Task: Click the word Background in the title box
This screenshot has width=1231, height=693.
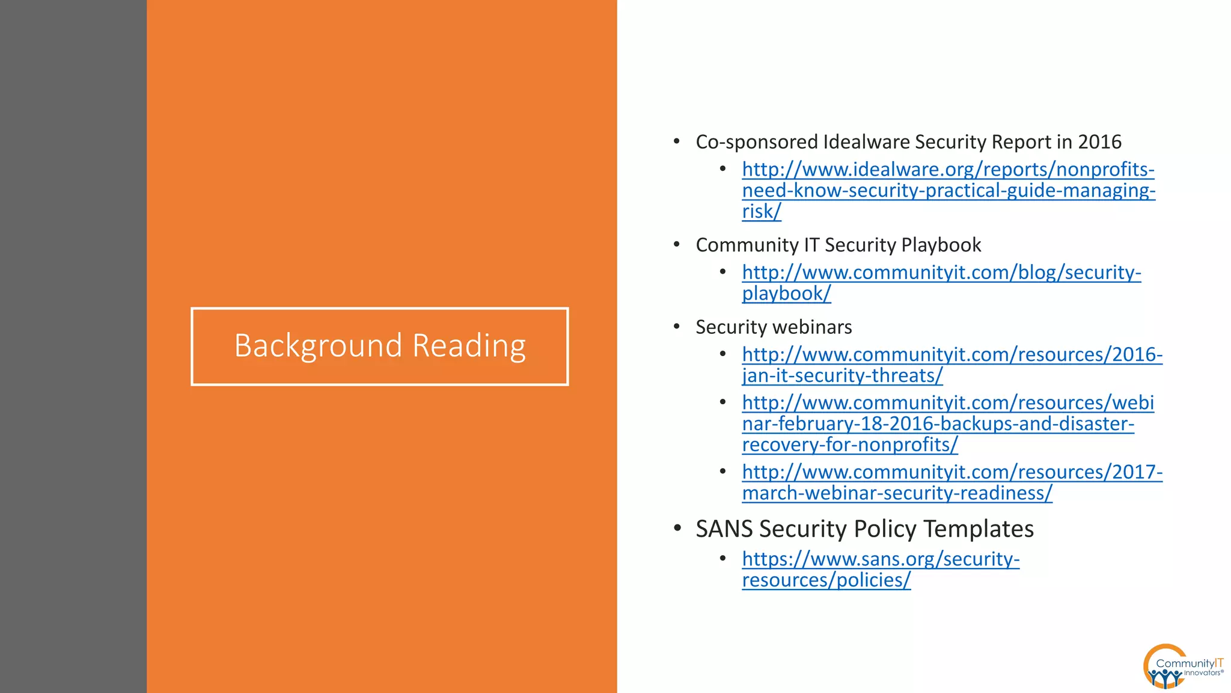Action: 318,346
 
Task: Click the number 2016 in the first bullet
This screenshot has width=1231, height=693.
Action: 1099,142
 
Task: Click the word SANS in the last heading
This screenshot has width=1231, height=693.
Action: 724,529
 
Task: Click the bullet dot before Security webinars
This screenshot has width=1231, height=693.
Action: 677,327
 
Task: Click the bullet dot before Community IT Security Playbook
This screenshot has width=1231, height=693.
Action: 677,244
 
